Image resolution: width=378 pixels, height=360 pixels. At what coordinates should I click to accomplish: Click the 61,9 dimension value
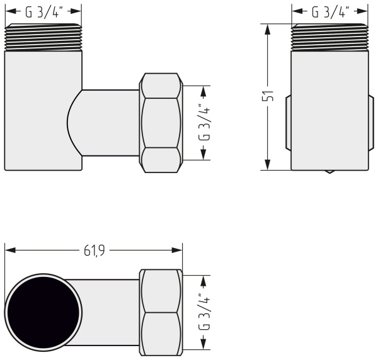(x=94, y=250)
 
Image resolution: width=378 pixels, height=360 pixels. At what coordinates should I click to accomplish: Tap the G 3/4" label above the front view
(x=43, y=11)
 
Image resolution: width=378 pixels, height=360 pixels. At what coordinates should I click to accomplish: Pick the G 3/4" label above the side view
(x=330, y=11)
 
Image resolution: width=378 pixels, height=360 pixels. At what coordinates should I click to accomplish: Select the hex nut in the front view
(x=161, y=123)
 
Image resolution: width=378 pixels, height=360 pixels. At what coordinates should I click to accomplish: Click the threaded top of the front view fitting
(x=43, y=37)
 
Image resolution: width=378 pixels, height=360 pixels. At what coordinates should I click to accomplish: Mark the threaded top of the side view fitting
(x=330, y=37)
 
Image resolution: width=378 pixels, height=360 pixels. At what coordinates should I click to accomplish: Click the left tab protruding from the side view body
(x=288, y=123)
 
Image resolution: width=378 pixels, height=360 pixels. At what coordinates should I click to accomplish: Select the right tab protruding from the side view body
(x=372, y=123)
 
